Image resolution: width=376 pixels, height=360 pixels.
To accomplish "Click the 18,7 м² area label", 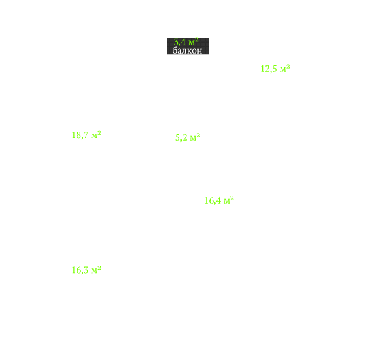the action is point(86,135).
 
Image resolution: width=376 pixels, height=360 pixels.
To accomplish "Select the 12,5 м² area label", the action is point(275,69).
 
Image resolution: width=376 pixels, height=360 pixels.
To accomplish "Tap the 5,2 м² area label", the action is point(188,137).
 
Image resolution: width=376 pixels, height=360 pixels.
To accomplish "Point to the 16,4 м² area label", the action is point(219,200).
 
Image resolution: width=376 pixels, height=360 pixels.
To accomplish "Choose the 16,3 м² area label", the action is point(86,270).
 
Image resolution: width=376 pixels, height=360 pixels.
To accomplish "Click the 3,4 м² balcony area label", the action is point(186,42).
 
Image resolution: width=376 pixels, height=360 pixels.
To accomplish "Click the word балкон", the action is point(187,50).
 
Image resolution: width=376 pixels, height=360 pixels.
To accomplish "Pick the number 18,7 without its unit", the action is point(80,135).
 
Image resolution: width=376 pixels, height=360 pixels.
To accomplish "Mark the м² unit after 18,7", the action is point(96,135).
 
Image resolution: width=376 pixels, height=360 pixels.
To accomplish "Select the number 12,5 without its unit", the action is point(269,69).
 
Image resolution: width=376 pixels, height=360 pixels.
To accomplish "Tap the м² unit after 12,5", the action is point(285,68).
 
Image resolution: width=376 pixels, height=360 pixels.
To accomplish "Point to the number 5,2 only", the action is point(181,137).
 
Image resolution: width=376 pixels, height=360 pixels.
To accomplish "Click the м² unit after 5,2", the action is point(196,137).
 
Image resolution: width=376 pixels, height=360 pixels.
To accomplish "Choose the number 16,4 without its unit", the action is point(213,201).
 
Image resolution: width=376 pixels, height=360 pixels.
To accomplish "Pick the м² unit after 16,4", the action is point(229,200).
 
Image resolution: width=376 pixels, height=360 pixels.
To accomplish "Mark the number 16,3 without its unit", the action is point(80,270).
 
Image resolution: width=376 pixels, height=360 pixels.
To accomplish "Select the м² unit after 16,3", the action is point(96,270).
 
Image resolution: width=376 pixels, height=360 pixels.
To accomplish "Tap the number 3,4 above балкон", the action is point(180,43).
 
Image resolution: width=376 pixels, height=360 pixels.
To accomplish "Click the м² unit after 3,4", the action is point(194,41).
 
